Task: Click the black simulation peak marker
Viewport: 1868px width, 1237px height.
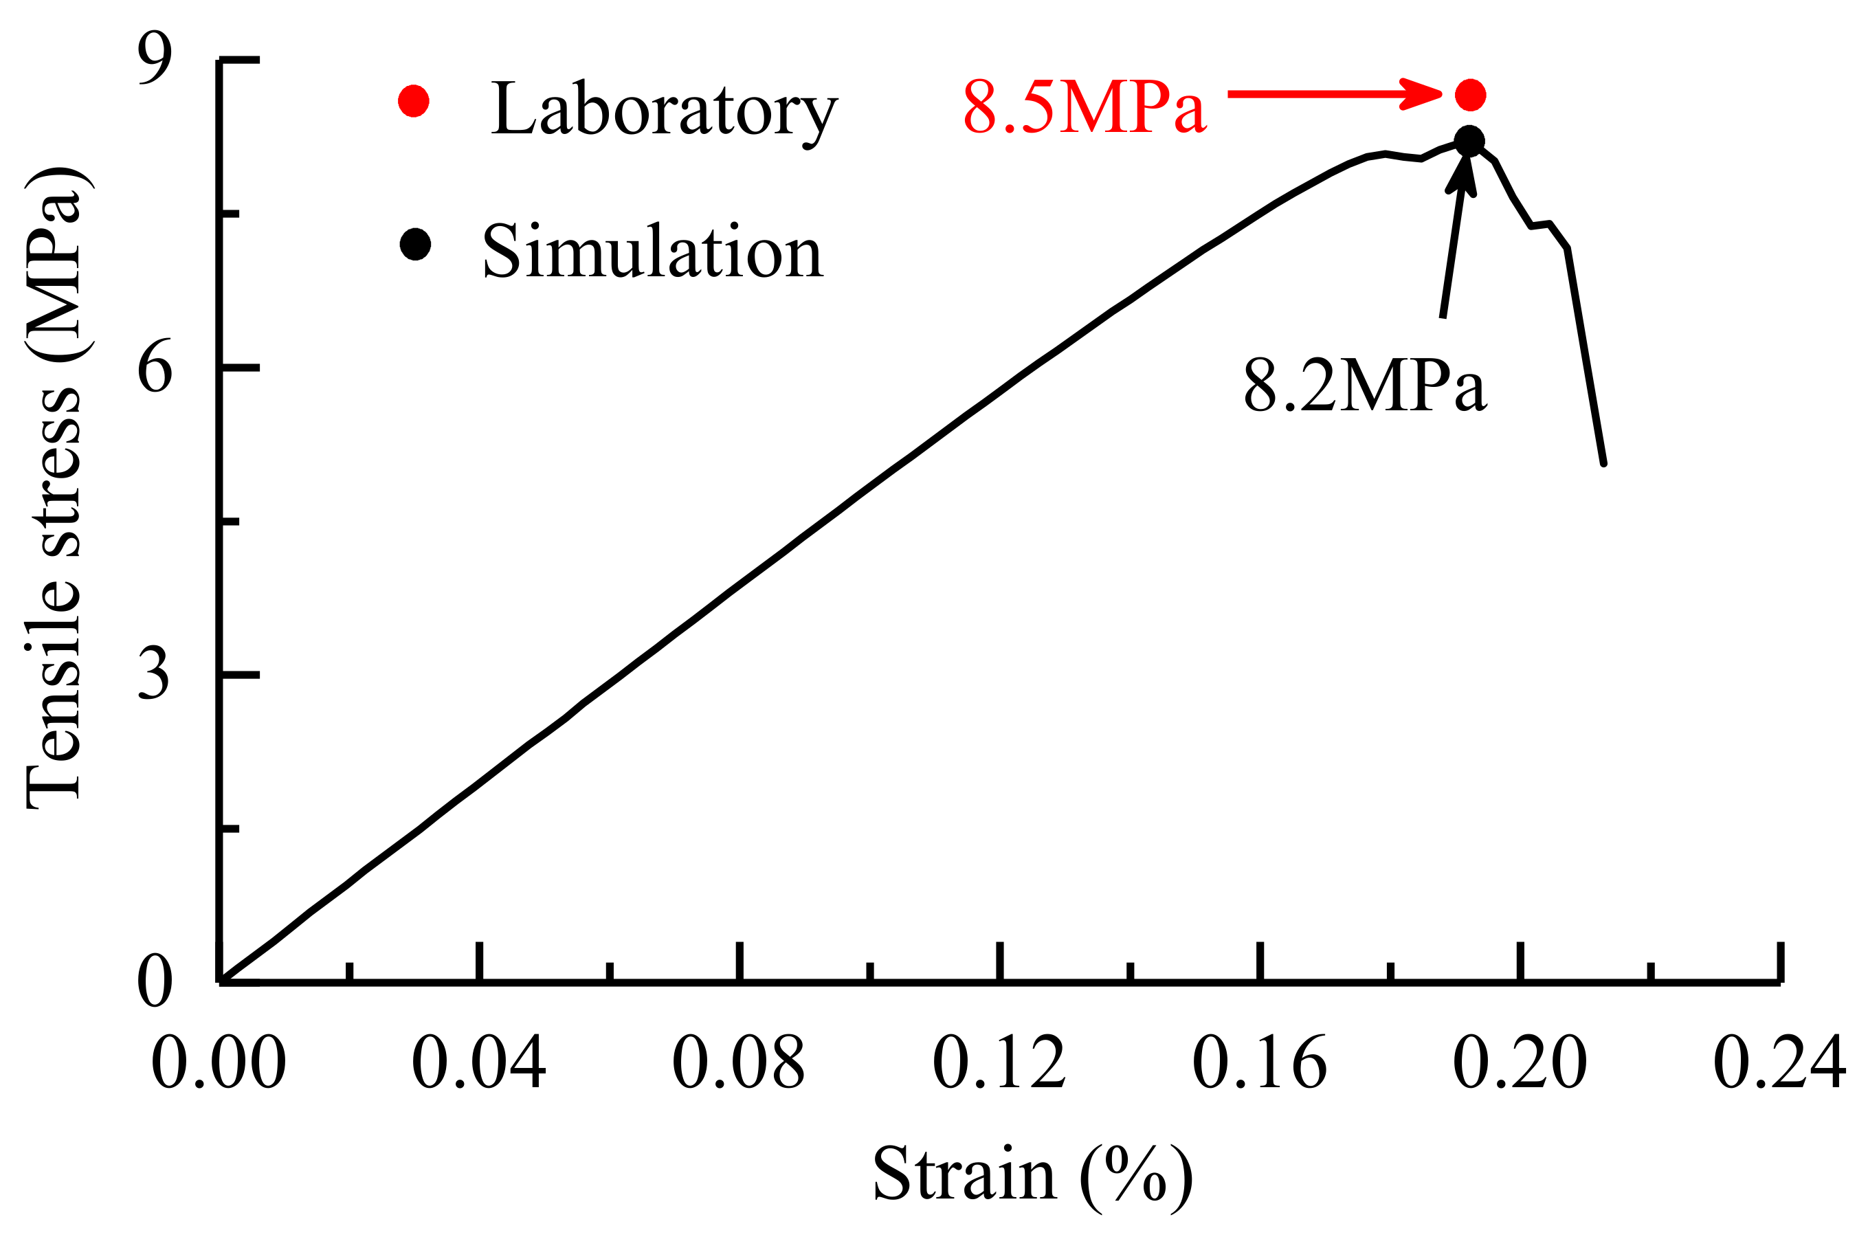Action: [x=1469, y=142]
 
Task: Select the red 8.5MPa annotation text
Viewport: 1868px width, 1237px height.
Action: [x=1085, y=107]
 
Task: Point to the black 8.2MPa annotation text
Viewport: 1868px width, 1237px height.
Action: [x=1366, y=385]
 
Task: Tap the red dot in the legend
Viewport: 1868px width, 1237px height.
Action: [x=413, y=101]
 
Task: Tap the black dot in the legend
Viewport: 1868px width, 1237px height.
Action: [x=415, y=245]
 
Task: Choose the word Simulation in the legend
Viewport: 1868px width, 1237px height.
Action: [x=653, y=251]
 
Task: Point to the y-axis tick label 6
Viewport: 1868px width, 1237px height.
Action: [x=155, y=368]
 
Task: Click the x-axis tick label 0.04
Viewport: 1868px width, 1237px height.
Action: [x=479, y=1062]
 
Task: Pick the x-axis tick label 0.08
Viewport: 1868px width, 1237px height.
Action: [x=738, y=1062]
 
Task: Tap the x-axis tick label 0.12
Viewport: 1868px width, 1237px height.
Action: [x=999, y=1062]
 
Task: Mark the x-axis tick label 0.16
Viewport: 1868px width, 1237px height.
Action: [x=1260, y=1062]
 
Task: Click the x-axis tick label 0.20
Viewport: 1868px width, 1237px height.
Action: [x=1520, y=1062]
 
